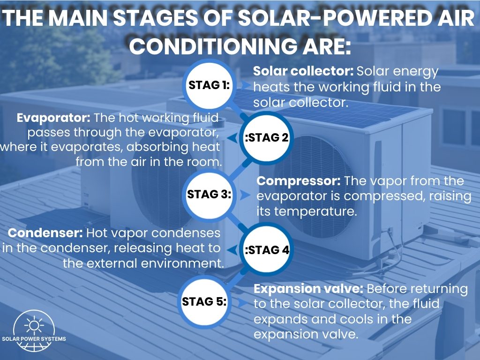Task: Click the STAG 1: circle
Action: (x=209, y=85)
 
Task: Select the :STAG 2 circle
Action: (x=266, y=137)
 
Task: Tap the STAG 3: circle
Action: (x=209, y=195)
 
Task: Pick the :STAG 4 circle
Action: (x=266, y=249)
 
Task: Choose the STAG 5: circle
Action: (x=204, y=301)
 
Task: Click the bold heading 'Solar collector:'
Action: (x=303, y=71)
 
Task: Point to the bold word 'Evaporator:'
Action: (x=53, y=118)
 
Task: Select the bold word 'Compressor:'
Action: (x=299, y=181)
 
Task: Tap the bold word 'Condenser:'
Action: (x=45, y=233)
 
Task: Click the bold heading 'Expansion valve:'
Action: (x=308, y=289)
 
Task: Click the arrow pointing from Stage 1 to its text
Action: (x=246, y=85)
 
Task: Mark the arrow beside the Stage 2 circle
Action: (x=232, y=138)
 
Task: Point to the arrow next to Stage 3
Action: (x=244, y=195)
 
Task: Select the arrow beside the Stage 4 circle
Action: (x=232, y=250)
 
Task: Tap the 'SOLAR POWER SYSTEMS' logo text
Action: (x=34, y=339)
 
